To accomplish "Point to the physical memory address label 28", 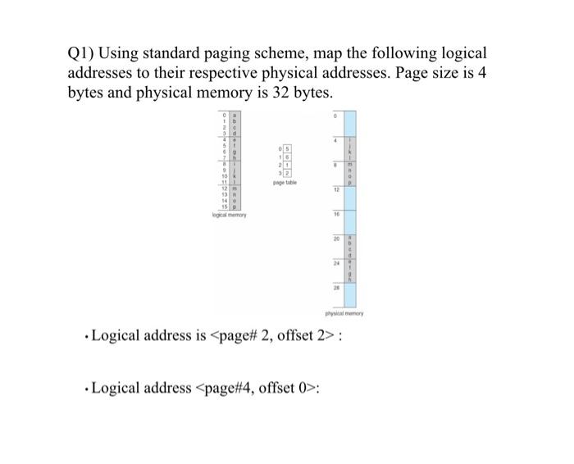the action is click(x=335, y=288).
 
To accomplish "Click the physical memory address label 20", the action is click(x=335, y=239).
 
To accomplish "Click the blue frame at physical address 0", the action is click(x=348, y=125).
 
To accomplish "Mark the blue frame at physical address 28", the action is click(x=348, y=293).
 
